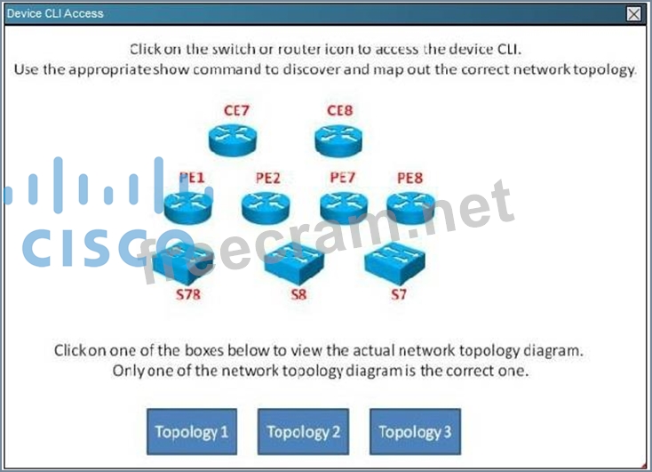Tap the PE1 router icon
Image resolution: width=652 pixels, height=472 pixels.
(x=187, y=207)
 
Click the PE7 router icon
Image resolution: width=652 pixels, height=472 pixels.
(x=344, y=207)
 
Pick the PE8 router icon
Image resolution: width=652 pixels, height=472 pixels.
(x=410, y=207)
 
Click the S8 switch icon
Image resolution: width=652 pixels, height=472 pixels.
(x=294, y=263)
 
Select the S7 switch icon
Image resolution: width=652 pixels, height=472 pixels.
(x=394, y=263)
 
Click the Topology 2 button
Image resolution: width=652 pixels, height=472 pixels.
(x=303, y=432)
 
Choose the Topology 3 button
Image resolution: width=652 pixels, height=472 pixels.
(x=415, y=432)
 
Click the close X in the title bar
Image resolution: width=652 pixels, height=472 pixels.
(x=633, y=13)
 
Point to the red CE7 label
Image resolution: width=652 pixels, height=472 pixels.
(x=235, y=110)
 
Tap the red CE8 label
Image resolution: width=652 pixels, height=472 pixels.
(x=340, y=110)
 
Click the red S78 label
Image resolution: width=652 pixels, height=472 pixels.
(x=188, y=295)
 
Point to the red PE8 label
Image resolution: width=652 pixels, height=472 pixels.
(x=409, y=178)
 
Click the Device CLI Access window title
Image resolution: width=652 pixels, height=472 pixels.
(x=55, y=13)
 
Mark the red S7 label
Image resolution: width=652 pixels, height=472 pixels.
(x=398, y=295)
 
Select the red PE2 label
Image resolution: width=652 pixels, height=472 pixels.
(x=267, y=178)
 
